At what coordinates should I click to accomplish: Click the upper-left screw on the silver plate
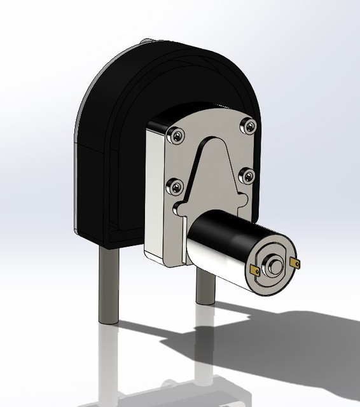click(176, 135)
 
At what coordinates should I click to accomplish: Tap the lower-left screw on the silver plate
click(174, 187)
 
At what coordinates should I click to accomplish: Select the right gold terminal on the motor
click(294, 262)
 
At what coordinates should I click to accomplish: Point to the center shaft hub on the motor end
click(274, 266)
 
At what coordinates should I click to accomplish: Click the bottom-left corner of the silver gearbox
click(147, 254)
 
